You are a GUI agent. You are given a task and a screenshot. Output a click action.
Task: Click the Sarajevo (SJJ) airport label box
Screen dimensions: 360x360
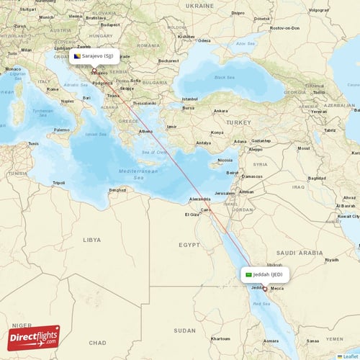click(x=94, y=55)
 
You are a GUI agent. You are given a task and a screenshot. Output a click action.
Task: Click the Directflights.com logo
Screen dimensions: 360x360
click(x=33, y=337)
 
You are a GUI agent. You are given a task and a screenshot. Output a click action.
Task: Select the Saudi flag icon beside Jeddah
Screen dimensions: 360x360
click(x=249, y=274)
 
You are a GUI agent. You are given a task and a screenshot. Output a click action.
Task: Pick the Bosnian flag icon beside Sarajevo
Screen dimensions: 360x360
click(x=77, y=55)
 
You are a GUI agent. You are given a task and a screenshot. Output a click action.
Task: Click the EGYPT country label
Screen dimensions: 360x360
click(x=189, y=245)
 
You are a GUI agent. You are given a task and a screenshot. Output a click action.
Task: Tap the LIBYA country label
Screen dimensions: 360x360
click(x=91, y=239)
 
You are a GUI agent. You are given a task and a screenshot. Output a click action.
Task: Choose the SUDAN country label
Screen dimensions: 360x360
click(x=185, y=330)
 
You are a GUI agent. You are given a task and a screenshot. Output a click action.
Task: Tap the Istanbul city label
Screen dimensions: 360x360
click(x=190, y=99)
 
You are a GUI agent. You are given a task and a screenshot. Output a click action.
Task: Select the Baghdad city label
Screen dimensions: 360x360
click(x=318, y=178)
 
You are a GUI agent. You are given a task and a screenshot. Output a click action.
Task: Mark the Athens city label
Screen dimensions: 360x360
click(x=146, y=132)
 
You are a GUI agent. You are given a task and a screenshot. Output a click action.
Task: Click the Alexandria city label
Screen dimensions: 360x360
click(x=199, y=199)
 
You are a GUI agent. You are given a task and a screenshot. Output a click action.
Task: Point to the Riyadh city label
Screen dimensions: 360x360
click(x=332, y=259)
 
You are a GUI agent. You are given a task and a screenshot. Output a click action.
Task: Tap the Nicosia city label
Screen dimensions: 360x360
click(x=225, y=160)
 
